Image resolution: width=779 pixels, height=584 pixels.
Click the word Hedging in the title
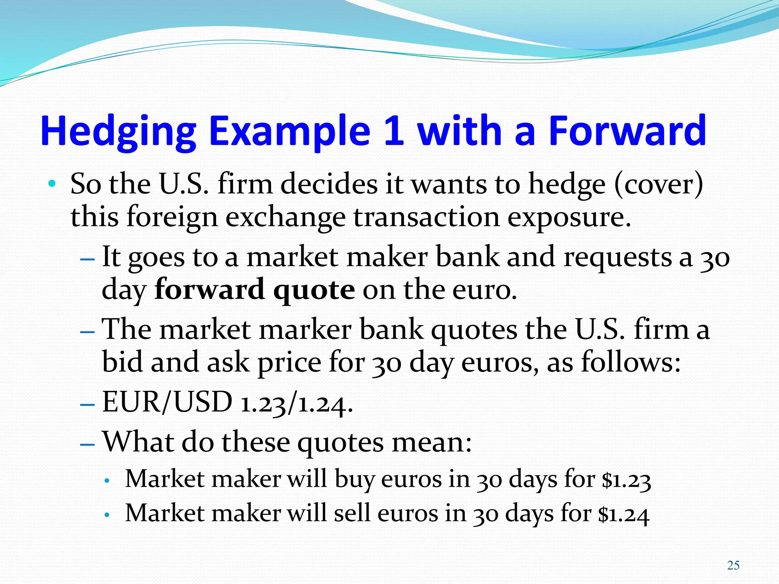click(x=118, y=131)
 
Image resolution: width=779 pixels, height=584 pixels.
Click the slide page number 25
click(x=733, y=565)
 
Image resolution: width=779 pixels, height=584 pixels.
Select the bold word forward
click(x=209, y=289)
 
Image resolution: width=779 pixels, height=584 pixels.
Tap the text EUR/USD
click(x=167, y=402)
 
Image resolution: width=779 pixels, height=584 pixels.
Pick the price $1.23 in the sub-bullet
click(x=626, y=480)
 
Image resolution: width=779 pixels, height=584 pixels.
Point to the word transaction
click(x=426, y=217)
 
